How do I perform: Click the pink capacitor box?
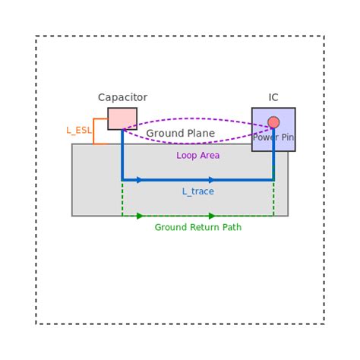122,118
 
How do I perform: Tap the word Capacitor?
122,97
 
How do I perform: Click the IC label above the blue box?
273,97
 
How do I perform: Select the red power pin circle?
273,122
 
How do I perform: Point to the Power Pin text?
273,137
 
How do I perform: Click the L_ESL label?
78,131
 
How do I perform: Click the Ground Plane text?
180,134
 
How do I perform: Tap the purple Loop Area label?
197,156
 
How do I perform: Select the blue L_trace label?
197,191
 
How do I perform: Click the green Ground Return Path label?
197,227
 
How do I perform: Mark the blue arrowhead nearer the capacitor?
140,180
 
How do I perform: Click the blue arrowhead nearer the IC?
212,180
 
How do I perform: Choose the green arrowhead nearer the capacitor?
140,216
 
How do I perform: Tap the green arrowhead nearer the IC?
212,216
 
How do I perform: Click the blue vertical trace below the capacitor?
122,156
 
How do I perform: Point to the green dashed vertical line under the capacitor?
122,199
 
